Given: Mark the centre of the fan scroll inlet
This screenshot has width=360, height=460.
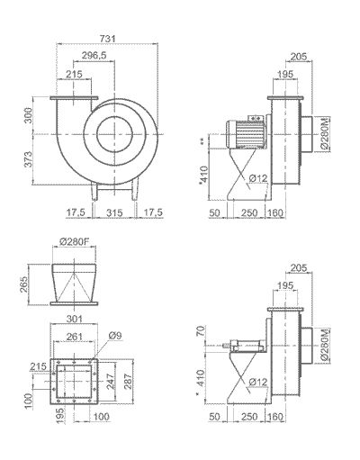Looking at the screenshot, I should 114,132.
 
